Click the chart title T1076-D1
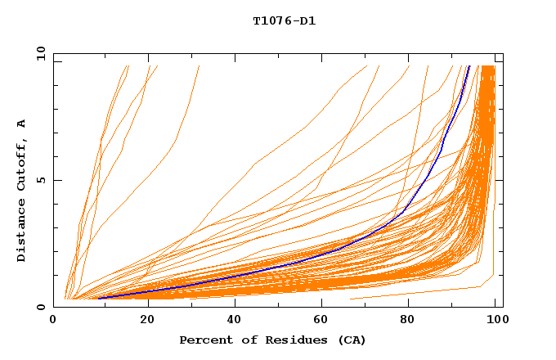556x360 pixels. click(284, 20)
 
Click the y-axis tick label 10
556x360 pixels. click(41, 53)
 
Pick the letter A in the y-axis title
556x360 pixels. click(21, 124)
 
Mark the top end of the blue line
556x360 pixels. click(469, 65)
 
